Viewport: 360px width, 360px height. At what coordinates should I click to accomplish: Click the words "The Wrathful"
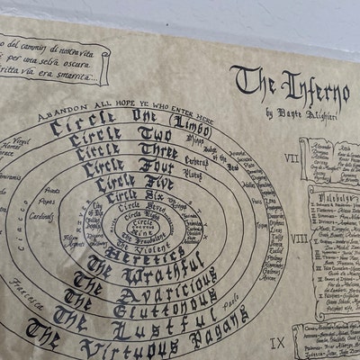pyautogui.click(x=144, y=261)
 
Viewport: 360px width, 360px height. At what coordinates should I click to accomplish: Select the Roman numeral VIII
pyautogui.click(x=299, y=240)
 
